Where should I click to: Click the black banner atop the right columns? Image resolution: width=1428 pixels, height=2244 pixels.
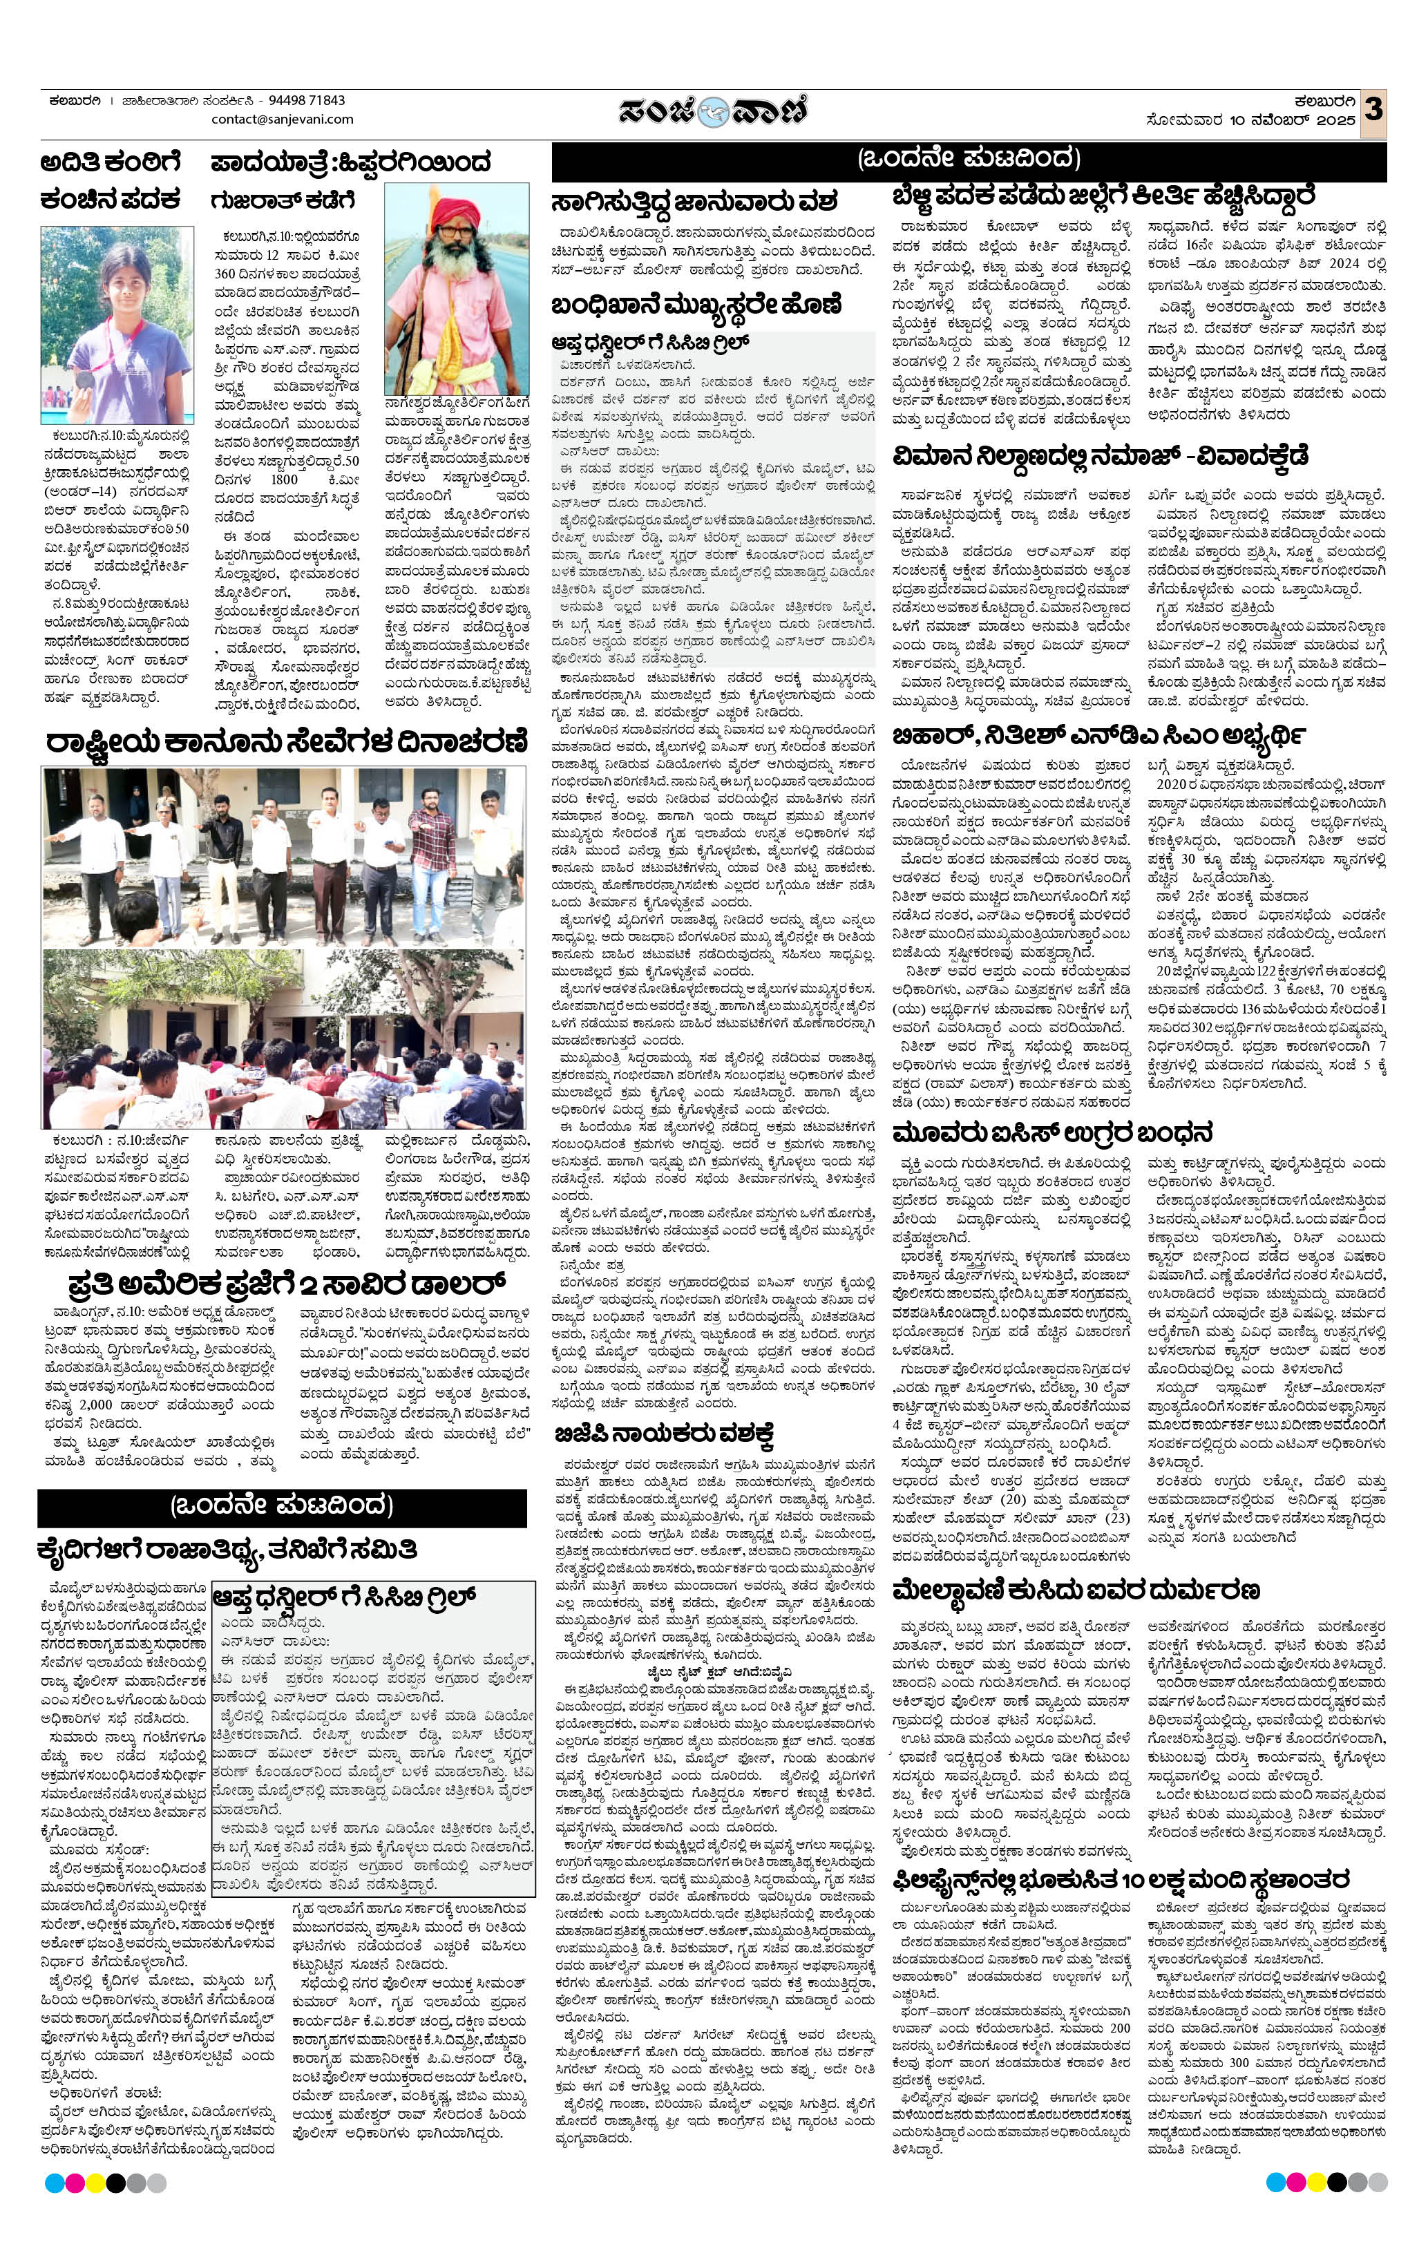coord(969,160)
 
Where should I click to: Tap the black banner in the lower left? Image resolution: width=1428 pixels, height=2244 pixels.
coord(281,1506)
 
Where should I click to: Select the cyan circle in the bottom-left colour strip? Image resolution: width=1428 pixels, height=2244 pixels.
coord(53,2183)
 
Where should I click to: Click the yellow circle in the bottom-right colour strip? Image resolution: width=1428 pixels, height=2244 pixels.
coord(1316,2183)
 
